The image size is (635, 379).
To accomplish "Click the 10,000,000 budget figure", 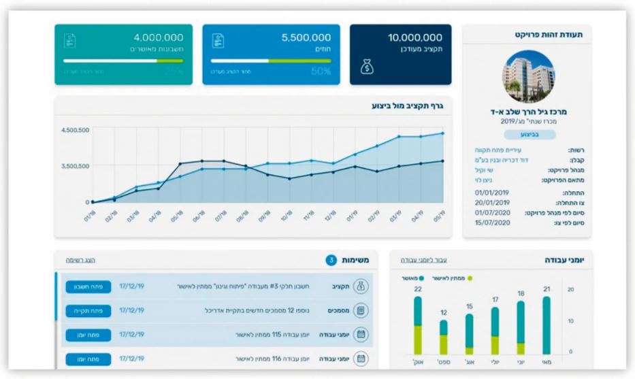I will coord(414,37).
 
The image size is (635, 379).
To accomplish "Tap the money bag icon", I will coord(366,67).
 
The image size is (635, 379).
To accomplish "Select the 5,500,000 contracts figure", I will coord(306,37).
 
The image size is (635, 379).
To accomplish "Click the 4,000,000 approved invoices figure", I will coord(158,37).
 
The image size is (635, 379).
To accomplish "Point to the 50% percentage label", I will coord(321,71).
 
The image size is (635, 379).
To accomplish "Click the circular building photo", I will coord(527,76).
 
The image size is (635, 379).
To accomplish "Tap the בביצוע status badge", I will coord(529,135).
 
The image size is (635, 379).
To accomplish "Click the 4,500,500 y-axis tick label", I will coord(75,129).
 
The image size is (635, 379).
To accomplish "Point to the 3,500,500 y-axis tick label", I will coord(75,165).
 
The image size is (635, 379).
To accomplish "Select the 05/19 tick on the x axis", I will coord(438,216).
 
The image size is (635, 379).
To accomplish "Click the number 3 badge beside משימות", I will coord(331,260).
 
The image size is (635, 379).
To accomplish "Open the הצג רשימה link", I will coord(80,260).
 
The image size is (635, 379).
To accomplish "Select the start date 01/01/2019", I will coord(491,193).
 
